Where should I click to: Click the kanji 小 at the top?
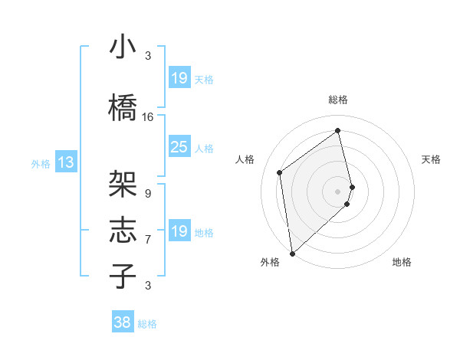click(x=123, y=47)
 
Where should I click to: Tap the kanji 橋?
click(x=123, y=107)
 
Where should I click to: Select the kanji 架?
click(x=123, y=184)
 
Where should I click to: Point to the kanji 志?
click(x=123, y=230)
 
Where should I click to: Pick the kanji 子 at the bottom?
click(x=123, y=276)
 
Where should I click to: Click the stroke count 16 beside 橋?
click(x=148, y=117)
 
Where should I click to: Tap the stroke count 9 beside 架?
click(x=148, y=193)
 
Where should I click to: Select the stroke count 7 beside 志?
click(x=148, y=239)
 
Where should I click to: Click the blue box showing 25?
click(x=179, y=147)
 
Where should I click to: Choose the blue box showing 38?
click(x=123, y=322)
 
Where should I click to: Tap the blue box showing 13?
click(x=65, y=162)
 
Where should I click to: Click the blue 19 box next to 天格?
click(x=179, y=78)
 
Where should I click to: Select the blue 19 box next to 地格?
click(x=179, y=231)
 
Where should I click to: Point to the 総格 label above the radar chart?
click(x=338, y=100)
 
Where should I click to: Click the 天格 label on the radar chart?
click(x=431, y=159)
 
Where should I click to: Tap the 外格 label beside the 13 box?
click(x=40, y=163)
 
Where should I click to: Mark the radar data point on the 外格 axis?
click(x=291, y=254)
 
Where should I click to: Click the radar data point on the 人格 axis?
click(x=280, y=172)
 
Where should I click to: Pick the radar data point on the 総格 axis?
click(x=338, y=131)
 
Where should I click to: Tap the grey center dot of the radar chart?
click(x=338, y=191)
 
